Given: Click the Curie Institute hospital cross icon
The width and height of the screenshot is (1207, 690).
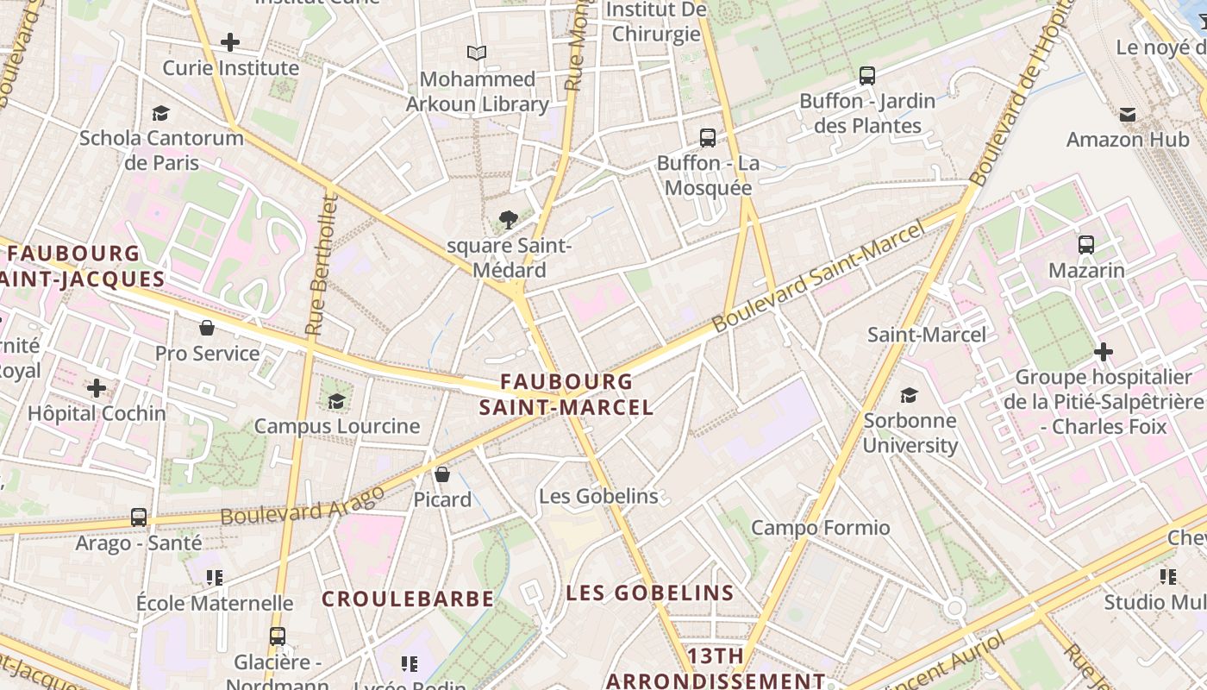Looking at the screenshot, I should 229,41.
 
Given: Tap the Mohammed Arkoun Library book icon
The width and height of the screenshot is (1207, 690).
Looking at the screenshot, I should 477,53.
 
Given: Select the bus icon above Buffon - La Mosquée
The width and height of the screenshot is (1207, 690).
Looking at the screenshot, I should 708,137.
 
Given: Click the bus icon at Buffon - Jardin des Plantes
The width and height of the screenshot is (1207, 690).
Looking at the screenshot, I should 867,75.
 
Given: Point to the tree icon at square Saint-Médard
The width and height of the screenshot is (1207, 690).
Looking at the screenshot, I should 509,220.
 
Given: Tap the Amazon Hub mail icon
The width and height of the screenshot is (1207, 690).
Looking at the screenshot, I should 1127,114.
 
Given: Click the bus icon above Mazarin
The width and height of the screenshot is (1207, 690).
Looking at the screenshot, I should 1086,244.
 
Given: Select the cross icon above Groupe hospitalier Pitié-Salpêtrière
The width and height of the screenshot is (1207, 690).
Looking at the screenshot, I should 1103,351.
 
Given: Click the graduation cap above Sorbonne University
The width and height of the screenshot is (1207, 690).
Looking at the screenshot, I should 910,395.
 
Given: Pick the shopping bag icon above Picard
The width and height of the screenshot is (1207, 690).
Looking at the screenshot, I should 442,474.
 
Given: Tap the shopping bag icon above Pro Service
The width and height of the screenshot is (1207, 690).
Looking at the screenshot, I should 207,328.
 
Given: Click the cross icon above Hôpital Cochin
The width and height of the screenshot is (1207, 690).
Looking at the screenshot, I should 97,388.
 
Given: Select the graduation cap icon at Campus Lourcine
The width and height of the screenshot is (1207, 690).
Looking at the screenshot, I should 336,401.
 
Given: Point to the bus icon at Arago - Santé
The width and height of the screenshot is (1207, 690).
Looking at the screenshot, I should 139,517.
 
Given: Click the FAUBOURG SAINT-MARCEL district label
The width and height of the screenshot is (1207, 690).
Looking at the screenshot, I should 566,394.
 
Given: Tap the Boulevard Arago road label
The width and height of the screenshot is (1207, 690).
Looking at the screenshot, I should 302,505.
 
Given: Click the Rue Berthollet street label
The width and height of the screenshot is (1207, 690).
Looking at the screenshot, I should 321,265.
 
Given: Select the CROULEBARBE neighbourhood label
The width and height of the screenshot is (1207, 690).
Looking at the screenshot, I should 408,599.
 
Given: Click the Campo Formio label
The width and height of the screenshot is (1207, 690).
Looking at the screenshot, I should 820,528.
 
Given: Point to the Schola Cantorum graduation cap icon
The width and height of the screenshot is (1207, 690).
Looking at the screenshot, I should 160,113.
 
